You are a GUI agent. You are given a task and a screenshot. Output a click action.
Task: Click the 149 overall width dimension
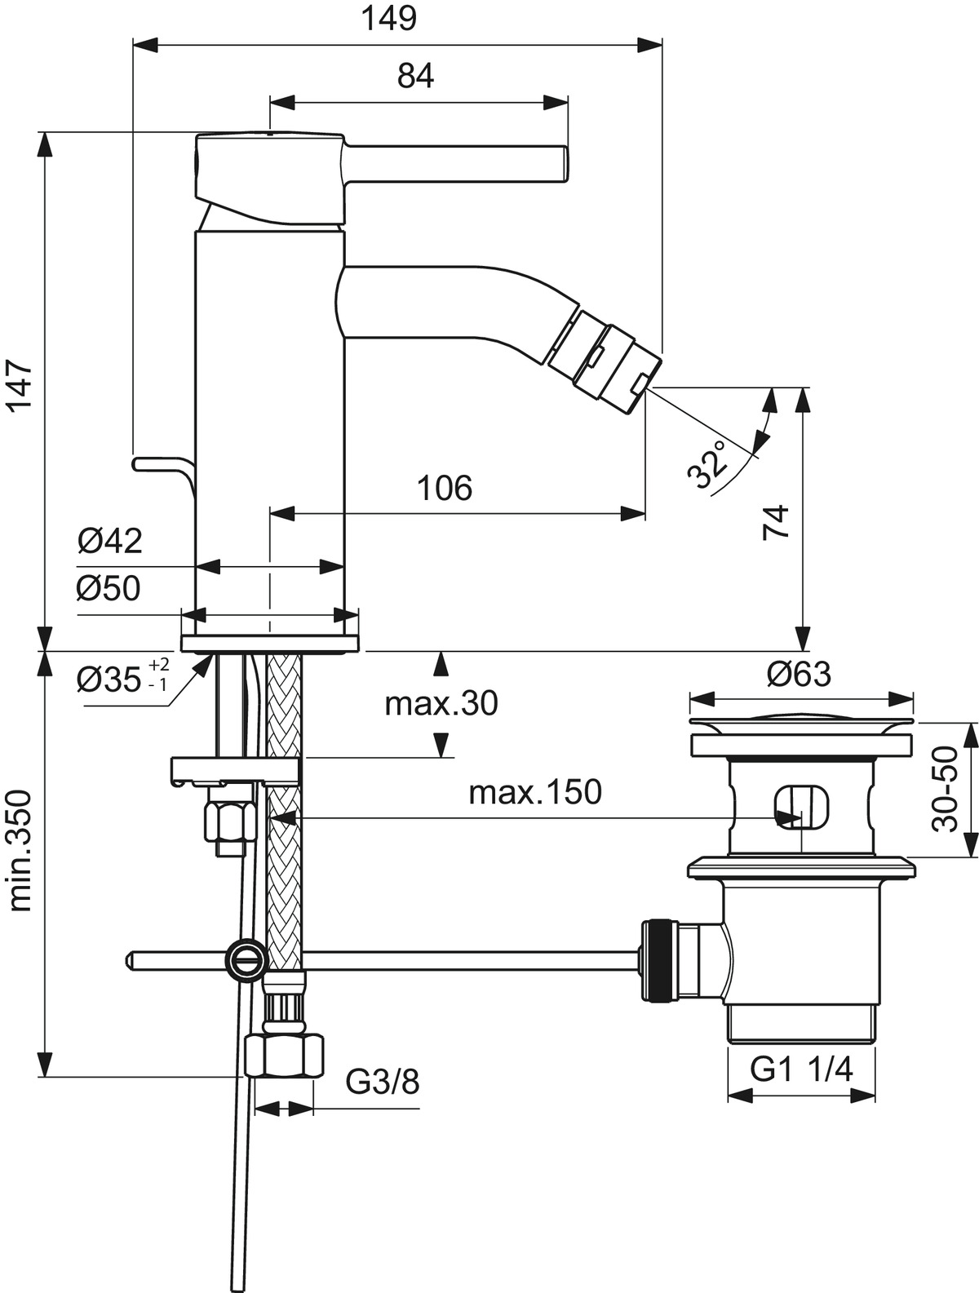[x=390, y=18]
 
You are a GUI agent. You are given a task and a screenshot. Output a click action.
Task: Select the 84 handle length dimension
[x=416, y=76]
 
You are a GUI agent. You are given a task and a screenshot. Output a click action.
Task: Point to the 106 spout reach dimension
[x=445, y=488]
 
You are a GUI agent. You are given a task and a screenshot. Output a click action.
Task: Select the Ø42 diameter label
[x=110, y=540]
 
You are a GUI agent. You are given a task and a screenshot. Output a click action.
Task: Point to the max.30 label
[x=441, y=702]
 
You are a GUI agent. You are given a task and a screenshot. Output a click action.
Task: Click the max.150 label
[x=535, y=791]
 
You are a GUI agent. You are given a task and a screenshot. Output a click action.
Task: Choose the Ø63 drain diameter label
[x=800, y=674]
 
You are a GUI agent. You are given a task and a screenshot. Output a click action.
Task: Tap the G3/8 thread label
[x=383, y=1082]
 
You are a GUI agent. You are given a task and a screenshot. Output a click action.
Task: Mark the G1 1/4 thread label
[x=801, y=1069]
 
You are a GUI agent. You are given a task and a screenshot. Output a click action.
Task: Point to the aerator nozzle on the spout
[x=605, y=360]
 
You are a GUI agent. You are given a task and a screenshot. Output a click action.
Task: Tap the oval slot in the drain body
[x=802, y=807]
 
